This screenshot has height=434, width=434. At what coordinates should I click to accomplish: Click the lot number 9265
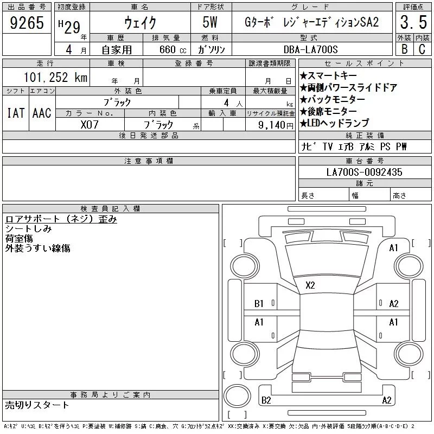(27, 23)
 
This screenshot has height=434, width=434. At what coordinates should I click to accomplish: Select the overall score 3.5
(413, 22)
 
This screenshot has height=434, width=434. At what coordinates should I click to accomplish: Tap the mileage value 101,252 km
(55, 78)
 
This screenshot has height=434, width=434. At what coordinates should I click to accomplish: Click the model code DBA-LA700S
(310, 49)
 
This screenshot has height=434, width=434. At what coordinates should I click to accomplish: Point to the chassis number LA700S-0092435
(364, 172)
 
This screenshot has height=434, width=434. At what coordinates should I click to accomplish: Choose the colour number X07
(90, 125)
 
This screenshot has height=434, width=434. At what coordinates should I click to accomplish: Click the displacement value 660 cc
(173, 49)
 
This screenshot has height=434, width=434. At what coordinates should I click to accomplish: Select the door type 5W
(210, 22)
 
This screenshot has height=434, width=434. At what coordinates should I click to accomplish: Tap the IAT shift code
(16, 113)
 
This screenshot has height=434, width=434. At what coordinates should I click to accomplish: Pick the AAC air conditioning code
(42, 113)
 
